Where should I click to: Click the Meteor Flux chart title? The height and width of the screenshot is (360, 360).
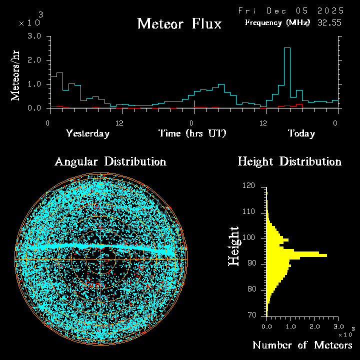[x=179, y=23]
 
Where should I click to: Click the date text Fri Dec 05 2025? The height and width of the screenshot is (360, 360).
[x=290, y=10]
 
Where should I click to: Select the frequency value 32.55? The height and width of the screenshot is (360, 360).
[x=330, y=22]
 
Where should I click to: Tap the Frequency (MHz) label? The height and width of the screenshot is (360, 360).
[x=277, y=22]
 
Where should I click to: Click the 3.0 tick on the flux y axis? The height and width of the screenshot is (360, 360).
[x=34, y=36]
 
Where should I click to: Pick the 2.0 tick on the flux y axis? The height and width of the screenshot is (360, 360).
[x=34, y=60]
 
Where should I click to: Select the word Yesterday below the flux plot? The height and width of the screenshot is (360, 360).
[x=87, y=133]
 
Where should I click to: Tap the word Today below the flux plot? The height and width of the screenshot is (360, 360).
[x=301, y=133]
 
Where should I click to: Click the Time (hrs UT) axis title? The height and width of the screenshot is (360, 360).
[x=192, y=133]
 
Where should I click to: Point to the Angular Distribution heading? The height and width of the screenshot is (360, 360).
[x=110, y=161]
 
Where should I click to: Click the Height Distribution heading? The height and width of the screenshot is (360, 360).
[x=289, y=161]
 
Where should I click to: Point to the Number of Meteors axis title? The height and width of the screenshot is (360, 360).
[x=302, y=345]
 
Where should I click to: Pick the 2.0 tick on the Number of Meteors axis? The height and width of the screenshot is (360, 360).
[x=314, y=326]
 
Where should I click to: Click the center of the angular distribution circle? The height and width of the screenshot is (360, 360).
[x=101, y=259]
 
